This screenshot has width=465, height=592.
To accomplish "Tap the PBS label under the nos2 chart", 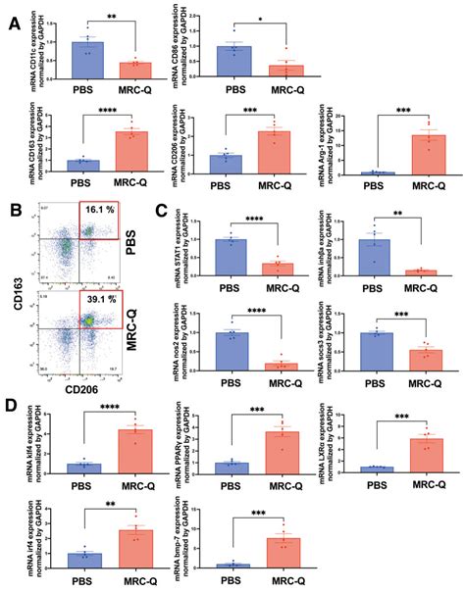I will coord(231,383).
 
